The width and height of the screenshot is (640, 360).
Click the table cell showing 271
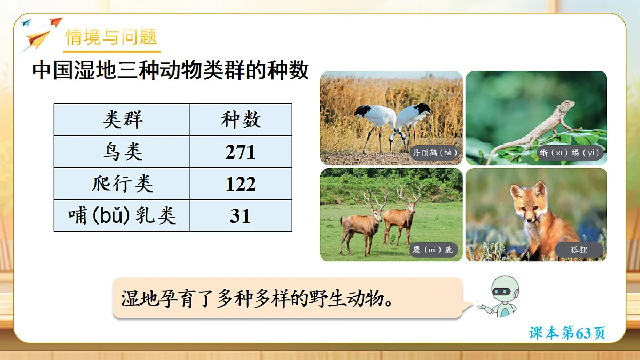tap(241, 152)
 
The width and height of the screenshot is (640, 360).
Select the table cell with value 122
tap(241, 184)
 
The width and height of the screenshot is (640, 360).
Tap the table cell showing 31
tap(241, 216)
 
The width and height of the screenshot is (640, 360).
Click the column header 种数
tap(241, 120)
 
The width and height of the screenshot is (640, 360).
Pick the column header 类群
tap(123, 120)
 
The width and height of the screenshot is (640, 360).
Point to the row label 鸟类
tap(123, 152)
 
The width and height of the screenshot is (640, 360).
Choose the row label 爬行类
tap(123, 184)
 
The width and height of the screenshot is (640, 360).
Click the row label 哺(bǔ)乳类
tap(123, 216)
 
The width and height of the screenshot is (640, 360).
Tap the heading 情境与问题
tap(111, 37)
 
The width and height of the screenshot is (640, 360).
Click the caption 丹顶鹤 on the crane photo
tap(435, 153)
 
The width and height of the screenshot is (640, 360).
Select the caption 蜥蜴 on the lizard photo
tap(569, 153)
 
